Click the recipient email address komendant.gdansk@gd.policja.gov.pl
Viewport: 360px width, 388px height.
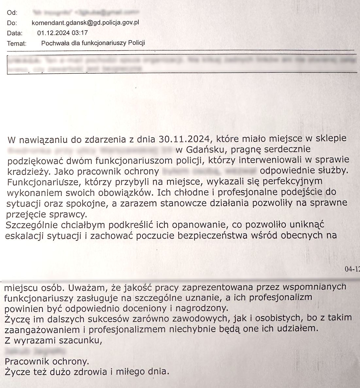(85, 23)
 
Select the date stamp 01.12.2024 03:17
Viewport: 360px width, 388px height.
(62, 33)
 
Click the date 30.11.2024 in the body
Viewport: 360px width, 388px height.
(184, 139)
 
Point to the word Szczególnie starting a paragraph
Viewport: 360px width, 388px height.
(32, 225)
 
